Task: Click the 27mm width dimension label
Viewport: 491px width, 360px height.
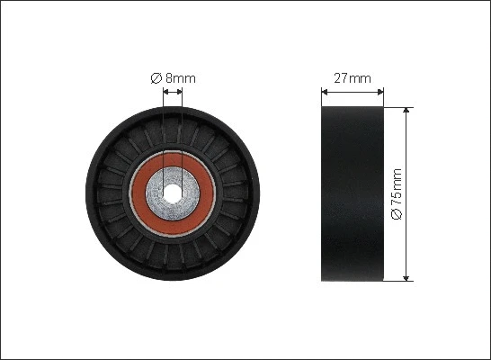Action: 353,78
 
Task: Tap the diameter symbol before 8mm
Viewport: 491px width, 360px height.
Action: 156,78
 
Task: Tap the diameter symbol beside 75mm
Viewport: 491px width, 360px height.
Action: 397,214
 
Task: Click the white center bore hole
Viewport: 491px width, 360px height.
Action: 173,193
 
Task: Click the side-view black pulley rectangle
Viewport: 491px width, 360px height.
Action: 353,193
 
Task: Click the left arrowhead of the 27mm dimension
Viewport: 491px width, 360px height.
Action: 324,92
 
